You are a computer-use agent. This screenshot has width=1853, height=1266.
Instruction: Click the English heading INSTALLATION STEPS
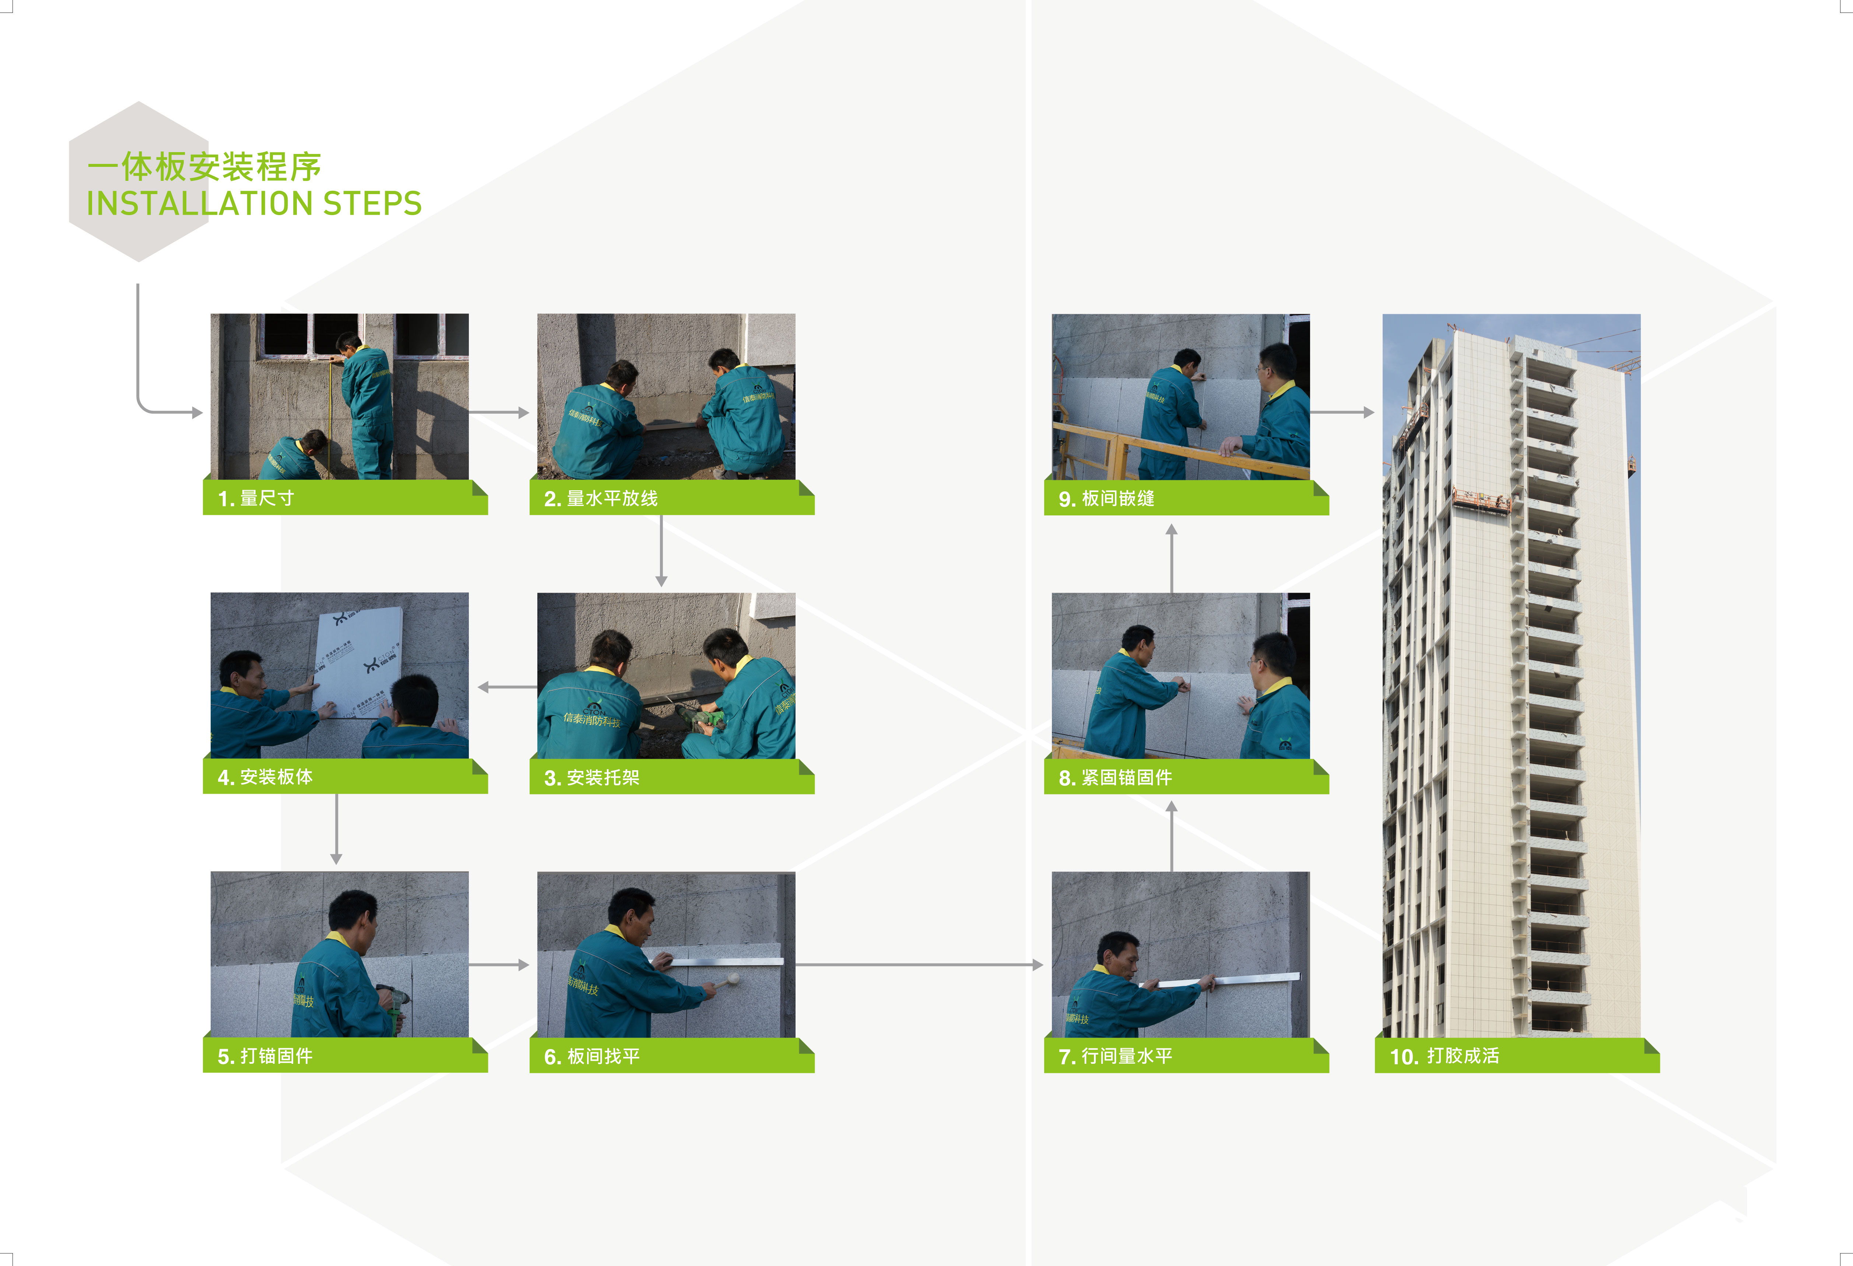coord(253,203)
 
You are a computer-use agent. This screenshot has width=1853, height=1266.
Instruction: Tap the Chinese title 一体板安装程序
coord(204,166)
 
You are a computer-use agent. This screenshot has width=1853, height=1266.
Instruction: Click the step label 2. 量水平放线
coord(600,498)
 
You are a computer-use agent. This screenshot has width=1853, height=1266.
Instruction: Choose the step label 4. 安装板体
coord(265,776)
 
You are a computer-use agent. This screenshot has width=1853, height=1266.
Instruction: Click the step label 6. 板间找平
coord(592,1056)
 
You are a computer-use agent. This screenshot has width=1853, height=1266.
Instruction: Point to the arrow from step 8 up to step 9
coord(1171,558)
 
